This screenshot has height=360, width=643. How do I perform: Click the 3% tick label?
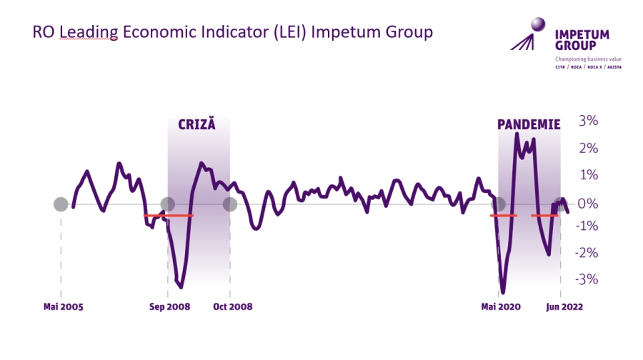click(589, 120)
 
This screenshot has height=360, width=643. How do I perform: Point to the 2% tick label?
click(589, 148)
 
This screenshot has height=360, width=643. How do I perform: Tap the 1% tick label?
click(589, 176)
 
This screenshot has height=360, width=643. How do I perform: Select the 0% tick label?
click(589, 204)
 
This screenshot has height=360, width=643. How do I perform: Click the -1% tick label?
click(586, 226)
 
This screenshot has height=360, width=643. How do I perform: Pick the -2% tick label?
click(586, 253)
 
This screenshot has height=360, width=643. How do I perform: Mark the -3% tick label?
click(586, 279)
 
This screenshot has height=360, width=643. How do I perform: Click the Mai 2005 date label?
click(63, 307)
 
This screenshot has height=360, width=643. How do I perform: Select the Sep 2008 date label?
click(169, 307)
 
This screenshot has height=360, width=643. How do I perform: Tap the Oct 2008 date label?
click(233, 307)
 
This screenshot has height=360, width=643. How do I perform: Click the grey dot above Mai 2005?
click(61, 204)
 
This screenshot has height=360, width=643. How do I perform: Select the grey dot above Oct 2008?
click(230, 204)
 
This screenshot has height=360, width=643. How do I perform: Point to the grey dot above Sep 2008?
click(168, 204)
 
